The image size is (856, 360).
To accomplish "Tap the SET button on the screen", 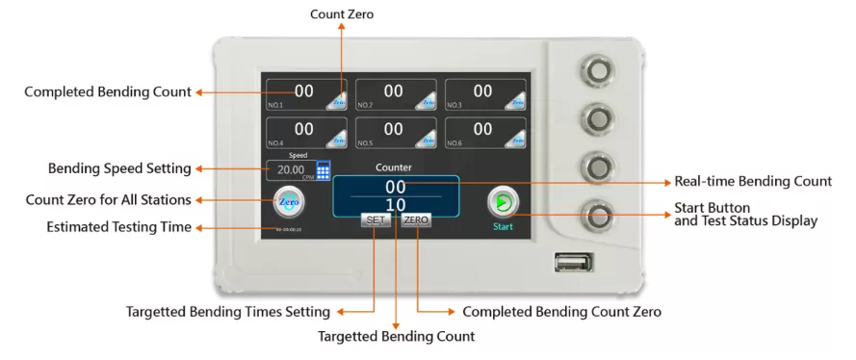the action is [376, 220].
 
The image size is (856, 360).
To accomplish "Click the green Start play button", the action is [503, 201].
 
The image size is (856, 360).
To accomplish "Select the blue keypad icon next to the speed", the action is [324, 169].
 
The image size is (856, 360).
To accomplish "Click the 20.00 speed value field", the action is [292, 170].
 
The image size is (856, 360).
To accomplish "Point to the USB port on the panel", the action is [573, 261].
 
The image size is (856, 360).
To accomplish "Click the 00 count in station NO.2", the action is [393, 91].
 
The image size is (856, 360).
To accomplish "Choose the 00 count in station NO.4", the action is [303, 129].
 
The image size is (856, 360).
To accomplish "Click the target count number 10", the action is [396, 204].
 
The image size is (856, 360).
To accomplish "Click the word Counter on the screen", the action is [394, 167].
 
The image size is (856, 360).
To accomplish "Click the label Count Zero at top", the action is [342, 14].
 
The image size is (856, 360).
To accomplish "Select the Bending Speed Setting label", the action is [119, 168].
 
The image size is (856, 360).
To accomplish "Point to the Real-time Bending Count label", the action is [752, 181].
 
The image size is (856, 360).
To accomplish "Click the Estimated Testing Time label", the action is [118, 227].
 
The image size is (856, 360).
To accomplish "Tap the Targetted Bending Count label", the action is [397, 337].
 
